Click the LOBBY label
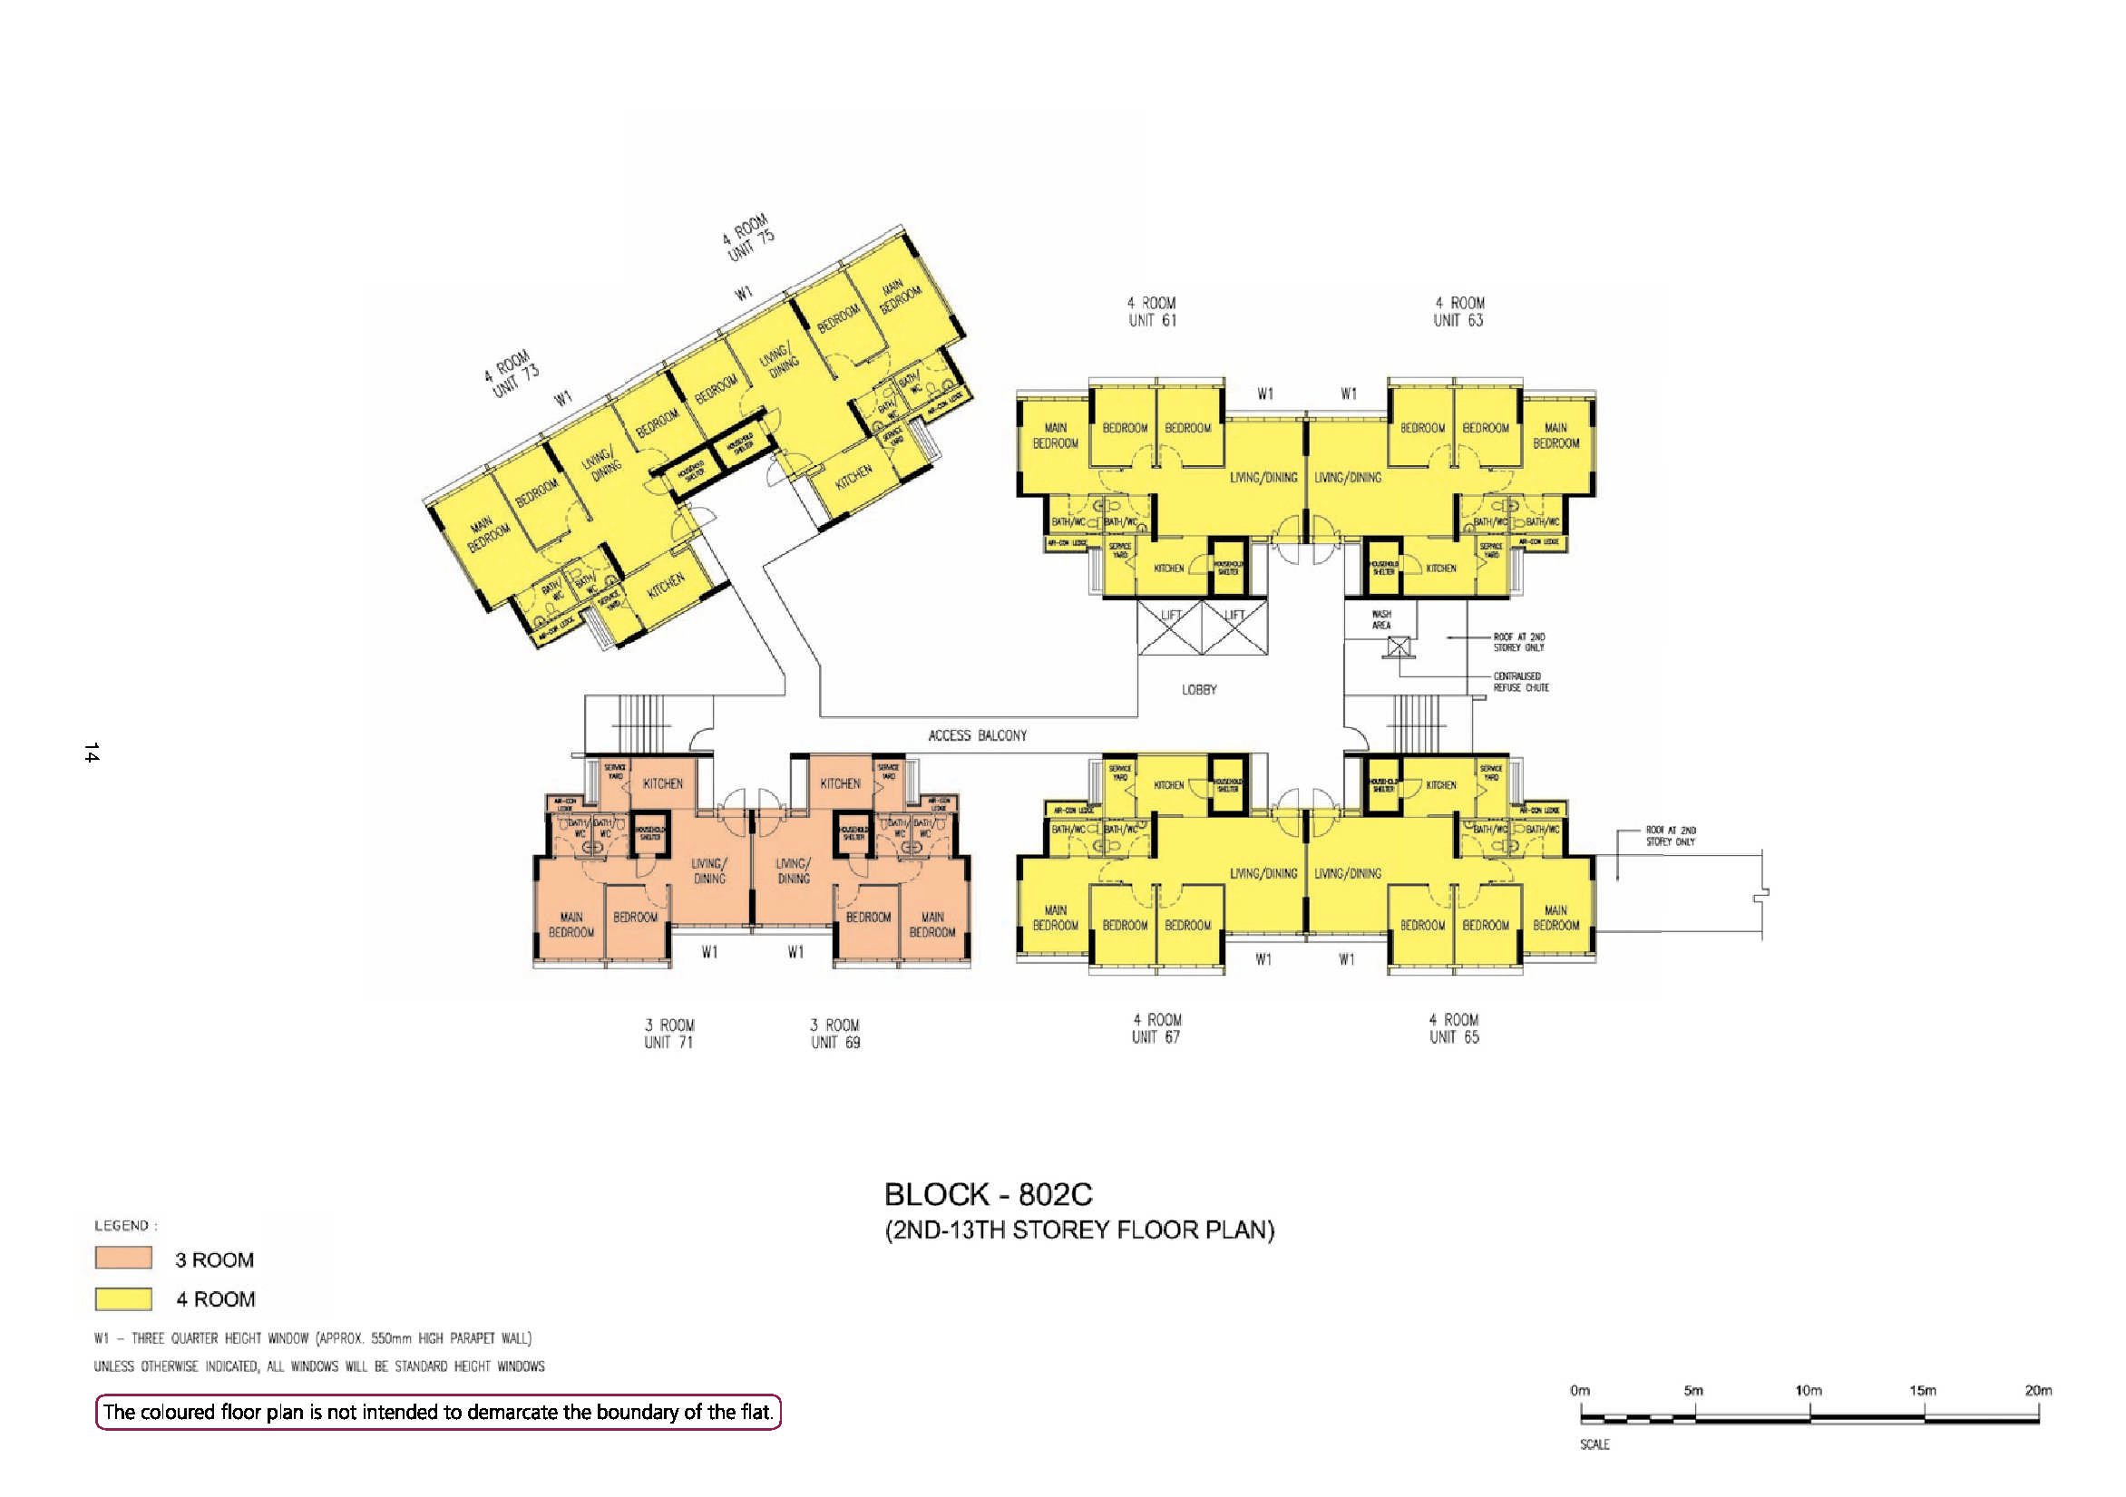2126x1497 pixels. tap(1199, 690)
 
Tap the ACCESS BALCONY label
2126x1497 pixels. tap(977, 736)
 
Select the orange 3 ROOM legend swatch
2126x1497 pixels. tap(123, 1259)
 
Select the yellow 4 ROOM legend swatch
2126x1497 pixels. tap(123, 1299)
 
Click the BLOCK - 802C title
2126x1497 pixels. tap(988, 1194)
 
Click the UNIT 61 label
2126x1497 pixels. tap(1152, 320)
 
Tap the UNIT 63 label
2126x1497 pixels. tap(1458, 320)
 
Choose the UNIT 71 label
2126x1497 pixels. tap(668, 1043)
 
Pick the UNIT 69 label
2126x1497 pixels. tap(835, 1043)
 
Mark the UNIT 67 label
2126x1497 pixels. tap(1156, 1037)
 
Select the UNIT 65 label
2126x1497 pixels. tap(1454, 1037)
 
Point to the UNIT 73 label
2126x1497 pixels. tap(515, 382)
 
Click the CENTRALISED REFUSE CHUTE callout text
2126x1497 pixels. tap(1520, 682)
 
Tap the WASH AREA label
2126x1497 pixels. tap(1381, 619)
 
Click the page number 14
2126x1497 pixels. tap(91, 753)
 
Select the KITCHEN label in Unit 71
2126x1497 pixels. tap(663, 784)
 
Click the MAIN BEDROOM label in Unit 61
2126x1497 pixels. tap(1056, 436)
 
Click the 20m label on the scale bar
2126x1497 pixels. tap(2038, 1391)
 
